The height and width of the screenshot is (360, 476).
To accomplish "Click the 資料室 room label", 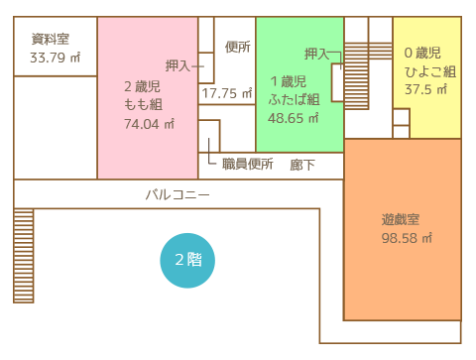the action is click(x=51, y=39).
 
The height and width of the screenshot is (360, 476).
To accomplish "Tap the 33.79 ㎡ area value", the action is click(x=56, y=58).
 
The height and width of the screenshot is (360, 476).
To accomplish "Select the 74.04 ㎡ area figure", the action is click(x=149, y=124).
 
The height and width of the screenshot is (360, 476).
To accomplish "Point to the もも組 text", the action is click(x=143, y=105).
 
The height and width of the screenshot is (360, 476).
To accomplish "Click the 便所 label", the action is click(x=238, y=47).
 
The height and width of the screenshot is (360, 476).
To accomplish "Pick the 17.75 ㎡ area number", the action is click(x=227, y=93).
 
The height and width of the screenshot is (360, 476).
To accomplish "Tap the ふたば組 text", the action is click(x=294, y=99).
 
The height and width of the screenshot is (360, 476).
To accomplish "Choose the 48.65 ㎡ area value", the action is click(x=294, y=118).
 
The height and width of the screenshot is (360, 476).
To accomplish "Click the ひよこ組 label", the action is click(x=430, y=71).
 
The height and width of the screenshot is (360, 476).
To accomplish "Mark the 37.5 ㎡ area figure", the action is click(x=426, y=89).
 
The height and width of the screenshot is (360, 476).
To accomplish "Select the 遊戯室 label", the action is click(x=401, y=219).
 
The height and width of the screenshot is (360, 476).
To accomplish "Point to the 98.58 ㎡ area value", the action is click(x=407, y=238).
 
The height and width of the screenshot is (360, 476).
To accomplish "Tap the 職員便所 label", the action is click(x=248, y=164).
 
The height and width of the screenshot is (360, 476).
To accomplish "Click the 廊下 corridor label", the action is click(x=302, y=165).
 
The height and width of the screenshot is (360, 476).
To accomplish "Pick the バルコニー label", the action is click(x=178, y=194).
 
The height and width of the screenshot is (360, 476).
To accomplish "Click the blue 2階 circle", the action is click(x=187, y=261).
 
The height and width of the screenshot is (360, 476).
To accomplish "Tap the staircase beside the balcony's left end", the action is click(x=24, y=256).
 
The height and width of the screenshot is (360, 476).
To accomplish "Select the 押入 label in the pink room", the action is click(x=178, y=65).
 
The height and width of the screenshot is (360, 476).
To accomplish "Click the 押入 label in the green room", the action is click(x=317, y=54).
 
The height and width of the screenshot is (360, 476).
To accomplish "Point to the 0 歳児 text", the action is click(x=422, y=53).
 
